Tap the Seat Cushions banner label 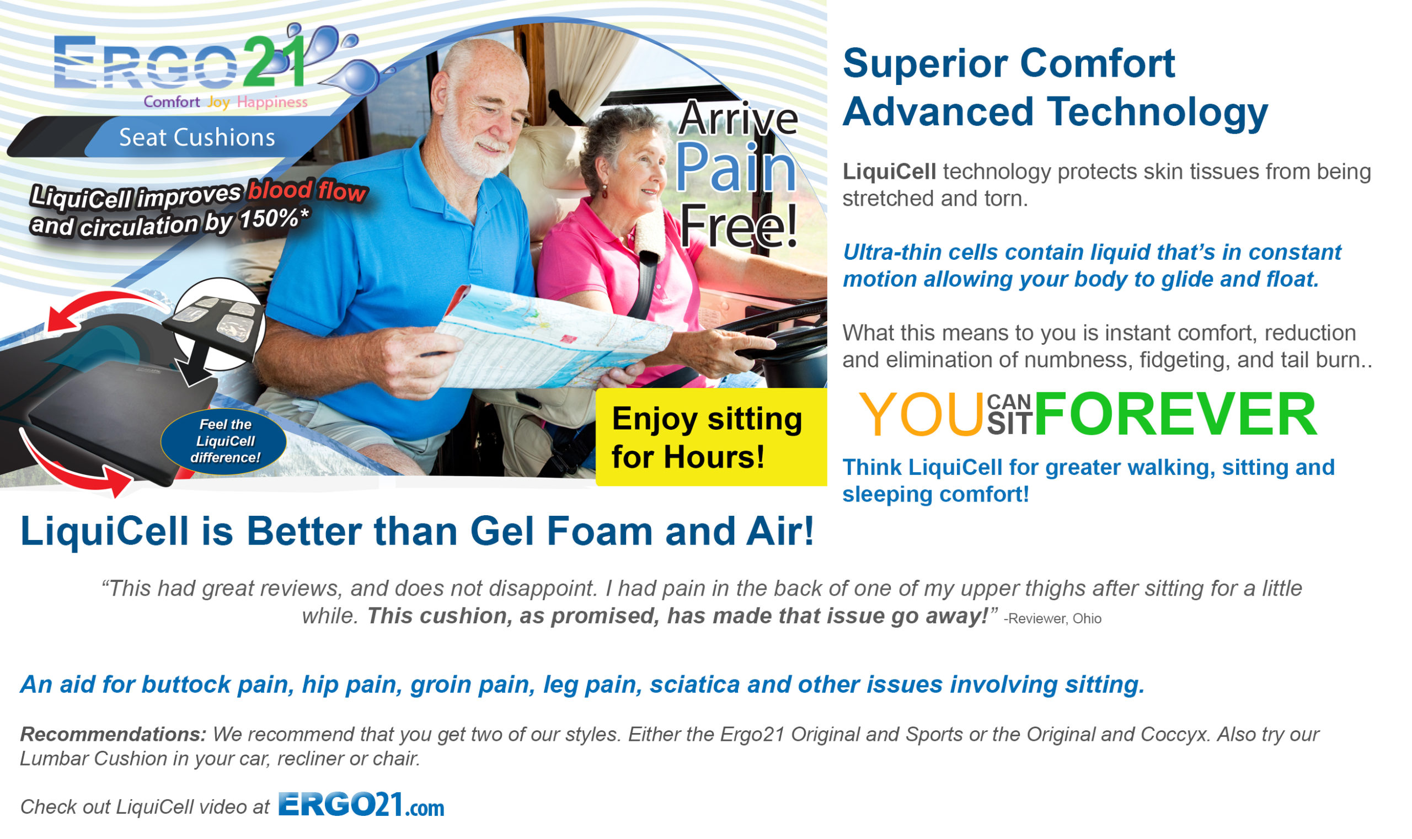point(197,137)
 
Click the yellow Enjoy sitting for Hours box point(710,437)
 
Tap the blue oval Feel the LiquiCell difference point(224,441)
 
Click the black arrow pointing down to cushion point(198,362)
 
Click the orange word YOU point(921,415)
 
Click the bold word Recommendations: point(113,734)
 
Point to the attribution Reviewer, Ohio point(1052,618)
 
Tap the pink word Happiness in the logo point(272,103)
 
